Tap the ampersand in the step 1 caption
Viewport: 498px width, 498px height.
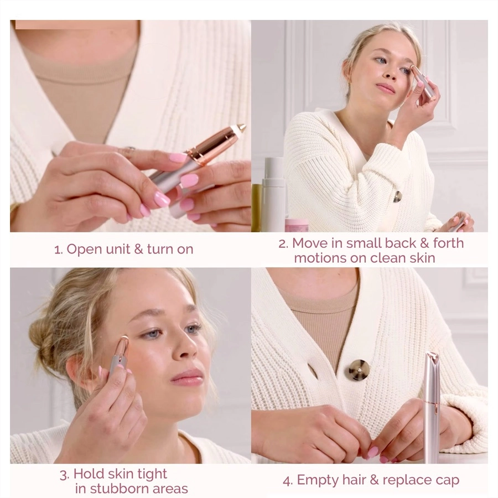tap(138, 249)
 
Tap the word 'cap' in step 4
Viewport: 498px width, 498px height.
tap(447, 481)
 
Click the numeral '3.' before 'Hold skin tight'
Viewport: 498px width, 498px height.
tap(65, 475)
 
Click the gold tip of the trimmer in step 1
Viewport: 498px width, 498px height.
tap(241, 128)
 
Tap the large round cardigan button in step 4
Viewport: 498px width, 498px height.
tap(359, 370)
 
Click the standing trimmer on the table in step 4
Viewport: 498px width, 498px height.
tap(432, 407)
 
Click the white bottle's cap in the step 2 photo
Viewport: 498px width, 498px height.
tap(274, 167)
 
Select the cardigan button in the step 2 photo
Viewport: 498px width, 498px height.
tap(397, 196)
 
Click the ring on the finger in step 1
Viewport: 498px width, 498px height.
tap(128, 149)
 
